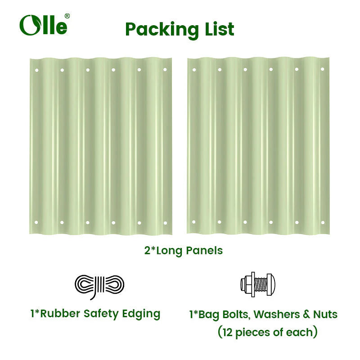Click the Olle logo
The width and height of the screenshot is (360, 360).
[x=44, y=25]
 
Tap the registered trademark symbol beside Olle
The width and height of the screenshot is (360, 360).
[x=67, y=16]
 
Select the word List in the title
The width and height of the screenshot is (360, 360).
[x=220, y=29]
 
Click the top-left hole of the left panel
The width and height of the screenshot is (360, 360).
[x=37, y=70]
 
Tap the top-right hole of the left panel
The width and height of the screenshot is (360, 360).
[x=165, y=70]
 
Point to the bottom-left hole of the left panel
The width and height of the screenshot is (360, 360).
[x=36, y=222]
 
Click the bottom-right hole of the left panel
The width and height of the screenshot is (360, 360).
[x=165, y=223]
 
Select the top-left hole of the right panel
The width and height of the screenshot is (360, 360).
[x=194, y=70]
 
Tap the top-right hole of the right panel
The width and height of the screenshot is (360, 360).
[x=322, y=69]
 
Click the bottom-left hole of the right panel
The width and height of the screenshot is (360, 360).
[x=194, y=222]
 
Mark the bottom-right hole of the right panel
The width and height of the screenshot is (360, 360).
[x=323, y=222]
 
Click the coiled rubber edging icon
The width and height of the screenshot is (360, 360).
[x=99, y=286]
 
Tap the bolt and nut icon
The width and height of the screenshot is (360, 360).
[x=257, y=284]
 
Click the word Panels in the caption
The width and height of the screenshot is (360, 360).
[x=204, y=251]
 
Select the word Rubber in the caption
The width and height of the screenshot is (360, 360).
[x=60, y=314]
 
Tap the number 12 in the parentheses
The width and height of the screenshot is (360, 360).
[x=228, y=333]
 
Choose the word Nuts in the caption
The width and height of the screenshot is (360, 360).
[x=325, y=315]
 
